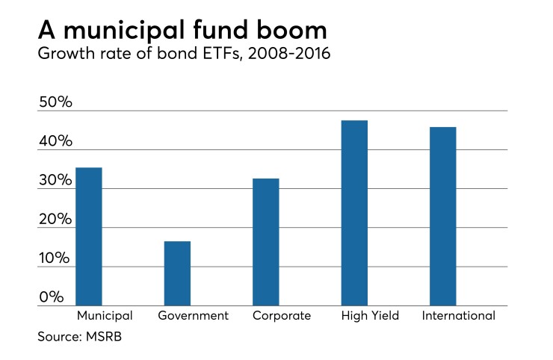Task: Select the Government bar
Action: point(177,273)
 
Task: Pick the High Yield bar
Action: point(354,213)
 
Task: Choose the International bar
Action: point(443,216)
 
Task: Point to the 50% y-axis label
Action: point(55,102)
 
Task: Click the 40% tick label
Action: point(55,141)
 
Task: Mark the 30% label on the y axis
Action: point(55,181)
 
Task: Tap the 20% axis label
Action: point(55,220)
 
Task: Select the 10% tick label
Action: point(55,258)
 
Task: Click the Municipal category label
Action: point(105,316)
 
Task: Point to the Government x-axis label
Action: point(193,316)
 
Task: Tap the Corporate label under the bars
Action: point(282,316)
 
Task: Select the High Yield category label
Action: point(370,316)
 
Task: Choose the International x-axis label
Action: point(458,316)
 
